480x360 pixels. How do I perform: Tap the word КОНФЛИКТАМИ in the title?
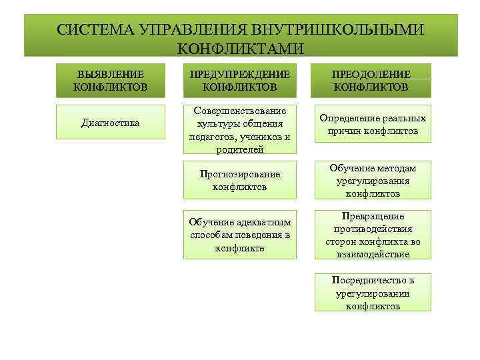[241, 49]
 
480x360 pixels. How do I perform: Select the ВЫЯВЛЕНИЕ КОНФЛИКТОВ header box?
[110, 80]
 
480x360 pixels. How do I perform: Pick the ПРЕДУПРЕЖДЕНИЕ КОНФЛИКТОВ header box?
[239, 80]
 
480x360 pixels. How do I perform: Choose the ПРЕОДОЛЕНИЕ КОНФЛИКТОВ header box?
[372, 80]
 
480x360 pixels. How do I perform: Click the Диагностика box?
[110, 122]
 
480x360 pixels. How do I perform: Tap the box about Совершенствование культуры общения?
[239, 129]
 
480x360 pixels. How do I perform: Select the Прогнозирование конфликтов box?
[239, 180]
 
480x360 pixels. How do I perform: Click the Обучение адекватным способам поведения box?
[239, 235]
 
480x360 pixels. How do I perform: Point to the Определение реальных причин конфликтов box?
[372, 124]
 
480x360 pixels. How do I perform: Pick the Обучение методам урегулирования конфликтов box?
[372, 180]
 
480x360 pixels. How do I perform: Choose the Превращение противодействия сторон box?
[372, 235]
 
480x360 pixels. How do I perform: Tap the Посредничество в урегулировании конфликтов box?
[372, 292]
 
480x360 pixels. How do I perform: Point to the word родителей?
[239, 149]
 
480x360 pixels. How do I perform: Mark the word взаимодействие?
[373, 254]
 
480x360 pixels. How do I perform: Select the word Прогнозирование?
[240, 173]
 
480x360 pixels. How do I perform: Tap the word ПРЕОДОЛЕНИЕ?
[372, 74]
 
